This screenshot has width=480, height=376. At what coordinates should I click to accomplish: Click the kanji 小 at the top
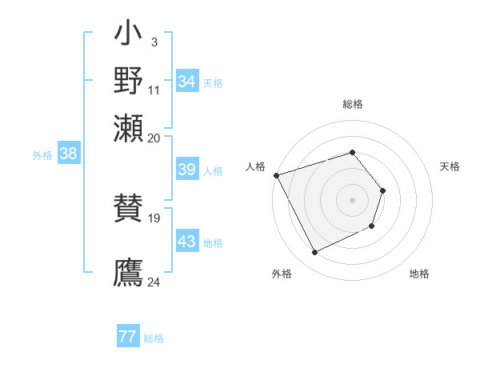(129, 35)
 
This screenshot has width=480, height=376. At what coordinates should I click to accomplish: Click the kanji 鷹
(129, 272)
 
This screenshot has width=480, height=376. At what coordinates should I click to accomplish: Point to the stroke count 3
(154, 42)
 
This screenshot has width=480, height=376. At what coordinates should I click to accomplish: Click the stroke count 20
(154, 137)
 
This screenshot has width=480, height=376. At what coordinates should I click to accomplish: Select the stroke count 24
(154, 282)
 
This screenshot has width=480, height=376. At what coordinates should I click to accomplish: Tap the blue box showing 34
(186, 82)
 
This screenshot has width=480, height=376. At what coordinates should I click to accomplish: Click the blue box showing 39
(186, 170)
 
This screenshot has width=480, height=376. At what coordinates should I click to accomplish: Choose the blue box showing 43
(186, 242)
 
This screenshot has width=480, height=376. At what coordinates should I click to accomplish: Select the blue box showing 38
(68, 154)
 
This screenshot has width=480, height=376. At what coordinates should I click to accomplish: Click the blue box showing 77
(127, 337)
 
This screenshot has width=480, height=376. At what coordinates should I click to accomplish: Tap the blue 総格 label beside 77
(154, 338)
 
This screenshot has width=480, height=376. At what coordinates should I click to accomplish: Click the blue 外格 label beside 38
(42, 156)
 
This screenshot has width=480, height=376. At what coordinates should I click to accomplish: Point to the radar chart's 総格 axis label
(352, 105)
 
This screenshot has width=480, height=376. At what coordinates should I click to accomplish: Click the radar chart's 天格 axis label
(450, 166)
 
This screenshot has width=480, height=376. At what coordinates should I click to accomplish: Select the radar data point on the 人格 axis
(276, 175)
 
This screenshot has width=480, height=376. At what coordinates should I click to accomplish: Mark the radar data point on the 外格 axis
(315, 253)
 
